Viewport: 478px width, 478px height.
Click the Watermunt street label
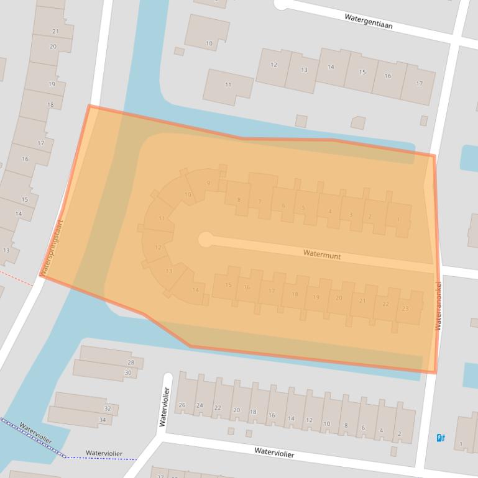click(x=322, y=255)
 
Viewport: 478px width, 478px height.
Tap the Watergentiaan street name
click(x=369, y=21)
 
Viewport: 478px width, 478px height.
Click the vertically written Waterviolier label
click(x=164, y=407)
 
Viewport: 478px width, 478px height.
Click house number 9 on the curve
click(x=208, y=183)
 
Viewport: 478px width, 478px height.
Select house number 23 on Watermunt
click(x=405, y=309)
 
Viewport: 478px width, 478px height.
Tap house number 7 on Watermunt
click(x=260, y=201)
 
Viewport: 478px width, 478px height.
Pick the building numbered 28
click(x=130, y=363)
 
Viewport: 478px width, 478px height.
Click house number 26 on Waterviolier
click(x=182, y=405)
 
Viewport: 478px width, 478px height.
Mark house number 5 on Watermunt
click(x=303, y=209)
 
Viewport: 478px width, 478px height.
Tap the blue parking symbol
click(x=441, y=438)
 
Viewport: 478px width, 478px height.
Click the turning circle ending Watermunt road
click(x=205, y=239)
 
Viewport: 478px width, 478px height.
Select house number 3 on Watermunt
click(x=351, y=215)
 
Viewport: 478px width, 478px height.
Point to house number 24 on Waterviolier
click(x=200, y=405)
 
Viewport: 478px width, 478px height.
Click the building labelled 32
click(x=108, y=408)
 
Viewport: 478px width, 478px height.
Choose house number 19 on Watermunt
click(x=316, y=297)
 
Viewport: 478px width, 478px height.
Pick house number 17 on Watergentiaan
click(x=419, y=84)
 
